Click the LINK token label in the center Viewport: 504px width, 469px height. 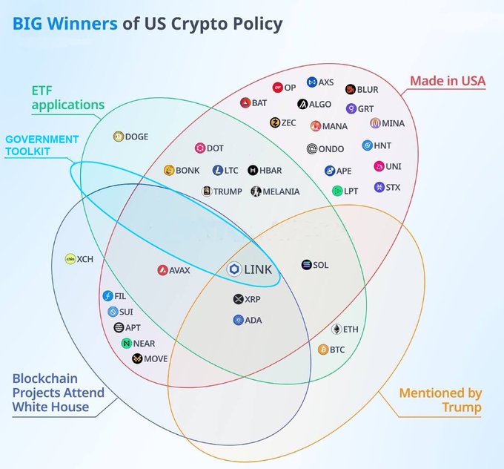point(258,269)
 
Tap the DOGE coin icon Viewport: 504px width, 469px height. point(118,137)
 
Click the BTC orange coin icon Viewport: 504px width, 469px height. point(323,349)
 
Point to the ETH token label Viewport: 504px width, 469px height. point(351,329)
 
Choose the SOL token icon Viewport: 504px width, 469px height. point(307,265)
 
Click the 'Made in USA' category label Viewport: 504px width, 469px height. point(448,81)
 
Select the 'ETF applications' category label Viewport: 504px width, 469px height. point(67,97)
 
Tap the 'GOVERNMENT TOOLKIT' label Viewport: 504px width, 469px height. point(42,145)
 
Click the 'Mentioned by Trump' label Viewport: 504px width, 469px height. point(440,400)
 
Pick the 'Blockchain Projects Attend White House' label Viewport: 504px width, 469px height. point(58,393)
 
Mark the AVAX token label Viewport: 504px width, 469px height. point(179,271)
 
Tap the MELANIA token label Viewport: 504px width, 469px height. point(281,191)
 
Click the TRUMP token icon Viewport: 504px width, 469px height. point(207,191)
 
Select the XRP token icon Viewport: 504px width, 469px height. point(238,299)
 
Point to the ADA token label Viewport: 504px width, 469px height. point(253,321)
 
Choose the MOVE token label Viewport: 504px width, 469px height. point(156,359)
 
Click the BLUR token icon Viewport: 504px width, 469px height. point(351,90)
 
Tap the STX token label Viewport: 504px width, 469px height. point(393,188)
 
